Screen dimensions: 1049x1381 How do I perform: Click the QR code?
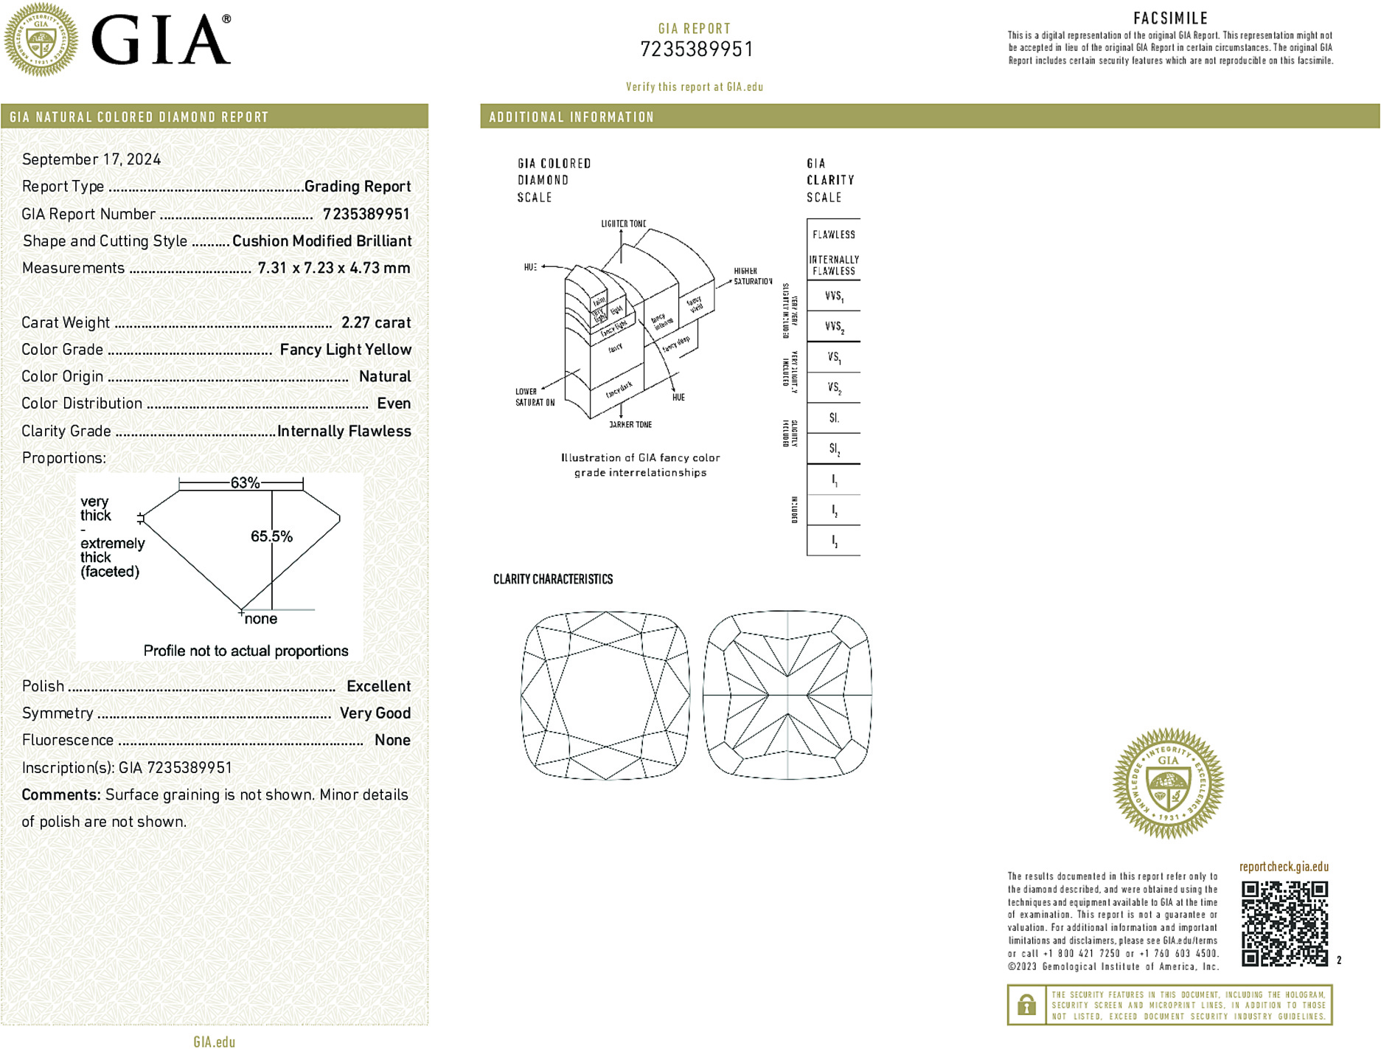click(x=1284, y=923)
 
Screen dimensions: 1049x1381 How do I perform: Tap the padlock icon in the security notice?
click(x=1026, y=1005)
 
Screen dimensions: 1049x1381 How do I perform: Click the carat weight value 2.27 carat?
click(x=376, y=322)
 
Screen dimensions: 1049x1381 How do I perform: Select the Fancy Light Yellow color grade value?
click(x=345, y=350)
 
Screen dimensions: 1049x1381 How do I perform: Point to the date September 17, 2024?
click(x=91, y=159)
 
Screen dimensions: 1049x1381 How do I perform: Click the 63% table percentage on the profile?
click(x=245, y=483)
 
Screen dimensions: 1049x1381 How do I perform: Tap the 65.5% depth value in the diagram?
click(x=271, y=536)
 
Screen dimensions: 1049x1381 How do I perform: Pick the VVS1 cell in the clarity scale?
click(x=834, y=297)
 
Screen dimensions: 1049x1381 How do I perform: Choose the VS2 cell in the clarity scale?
click(x=834, y=388)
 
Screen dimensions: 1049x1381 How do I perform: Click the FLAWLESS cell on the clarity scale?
click(x=834, y=235)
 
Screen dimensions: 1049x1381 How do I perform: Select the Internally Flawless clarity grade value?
click(x=344, y=431)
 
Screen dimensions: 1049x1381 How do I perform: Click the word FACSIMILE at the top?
click(x=1170, y=18)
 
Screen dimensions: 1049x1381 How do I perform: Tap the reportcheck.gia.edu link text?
click(x=1284, y=867)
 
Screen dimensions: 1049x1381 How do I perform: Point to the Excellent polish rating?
click(x=378, y=686)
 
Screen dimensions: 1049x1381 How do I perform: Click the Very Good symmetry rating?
click(x=375, y=713)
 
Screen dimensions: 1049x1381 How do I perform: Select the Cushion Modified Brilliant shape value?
click(x=321, y=241)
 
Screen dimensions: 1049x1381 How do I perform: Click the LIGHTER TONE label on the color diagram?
click(x=623, y=224)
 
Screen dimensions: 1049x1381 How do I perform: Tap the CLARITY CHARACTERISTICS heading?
click(x=553, y=579)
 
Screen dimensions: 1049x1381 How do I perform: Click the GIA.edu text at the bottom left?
click(x=214, y=1042)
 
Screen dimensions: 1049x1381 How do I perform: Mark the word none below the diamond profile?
click(x=261, y=619)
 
